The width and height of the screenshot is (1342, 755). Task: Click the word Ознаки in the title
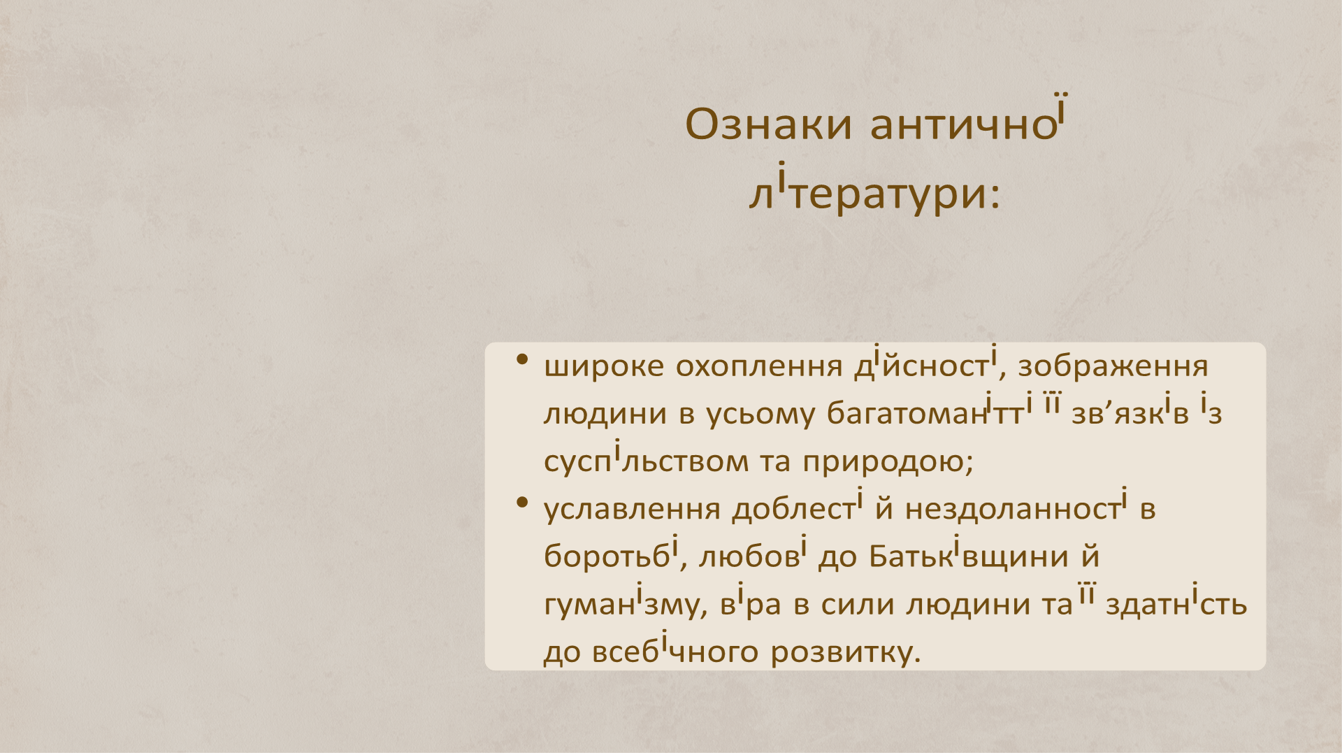click(x=768, y=125)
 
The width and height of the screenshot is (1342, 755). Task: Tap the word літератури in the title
click(x=867, y=194)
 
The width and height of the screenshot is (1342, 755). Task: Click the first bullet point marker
click(x=521, y=361)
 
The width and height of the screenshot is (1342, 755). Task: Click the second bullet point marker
click(x=521, y=503)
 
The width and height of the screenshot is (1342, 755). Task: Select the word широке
click(x=604, y=366)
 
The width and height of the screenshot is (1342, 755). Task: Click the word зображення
click(x=1113, y=366)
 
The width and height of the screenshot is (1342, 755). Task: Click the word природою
click(x=884, y=461)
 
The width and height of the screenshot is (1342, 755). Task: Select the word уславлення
click(x=631, y=509)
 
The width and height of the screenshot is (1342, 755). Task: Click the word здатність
click(x=1176, y=604)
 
